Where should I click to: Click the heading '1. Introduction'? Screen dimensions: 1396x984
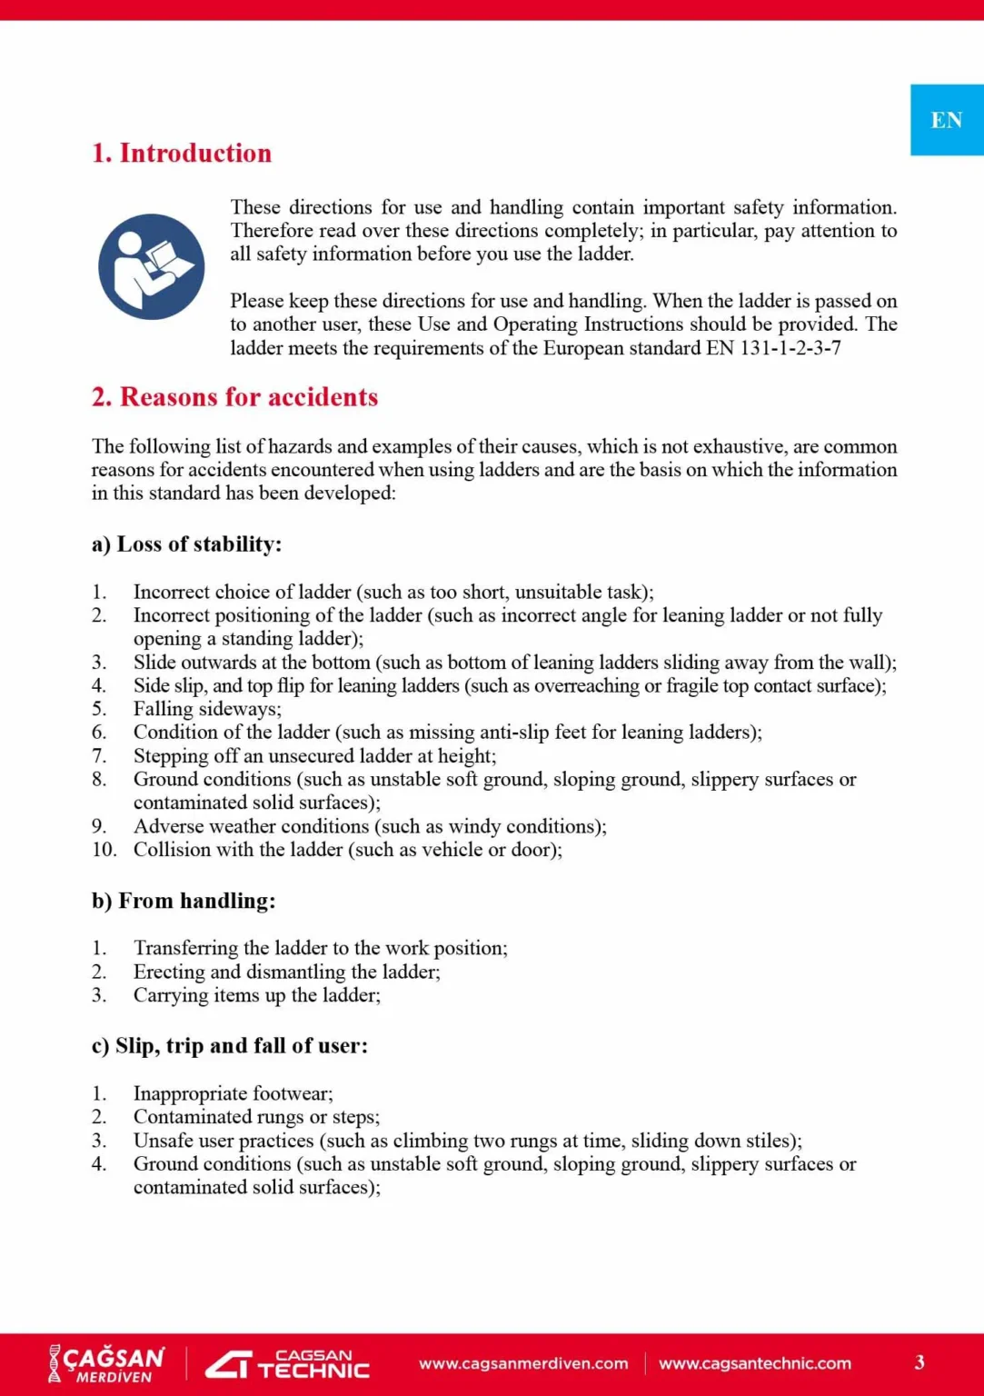pos(182,153)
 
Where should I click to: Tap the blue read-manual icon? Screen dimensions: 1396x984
pos(151,266)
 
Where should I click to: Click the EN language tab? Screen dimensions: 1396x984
pos(946,120)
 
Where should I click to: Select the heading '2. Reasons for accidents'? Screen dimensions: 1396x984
pos(234,397)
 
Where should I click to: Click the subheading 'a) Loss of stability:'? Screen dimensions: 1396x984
pos(186,544)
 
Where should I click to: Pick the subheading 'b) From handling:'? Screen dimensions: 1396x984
pos(183,901)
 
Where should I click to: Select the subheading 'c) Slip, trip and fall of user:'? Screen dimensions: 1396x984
pos(229,1046)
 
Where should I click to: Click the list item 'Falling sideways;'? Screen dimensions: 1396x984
pos(207,709)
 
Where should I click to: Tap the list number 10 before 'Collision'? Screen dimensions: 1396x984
pos(104,850)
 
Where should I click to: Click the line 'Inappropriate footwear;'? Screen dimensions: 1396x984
pos(233,1093)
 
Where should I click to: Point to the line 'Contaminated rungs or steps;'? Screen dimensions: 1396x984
pos(256,1117)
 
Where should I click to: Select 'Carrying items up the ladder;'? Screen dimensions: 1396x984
pos(256,995)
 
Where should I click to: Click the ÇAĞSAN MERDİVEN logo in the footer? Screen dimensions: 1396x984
pos(106,1363)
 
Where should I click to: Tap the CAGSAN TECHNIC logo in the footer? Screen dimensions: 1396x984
pos(287,1363)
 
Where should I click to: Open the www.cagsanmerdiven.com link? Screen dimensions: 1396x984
pos(523,1363)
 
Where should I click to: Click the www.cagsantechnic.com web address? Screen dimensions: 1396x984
pos(755,1363)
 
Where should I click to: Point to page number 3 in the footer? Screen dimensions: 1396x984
pos(919,1362)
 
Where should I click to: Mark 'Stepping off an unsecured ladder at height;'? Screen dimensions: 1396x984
pos(314,756)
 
